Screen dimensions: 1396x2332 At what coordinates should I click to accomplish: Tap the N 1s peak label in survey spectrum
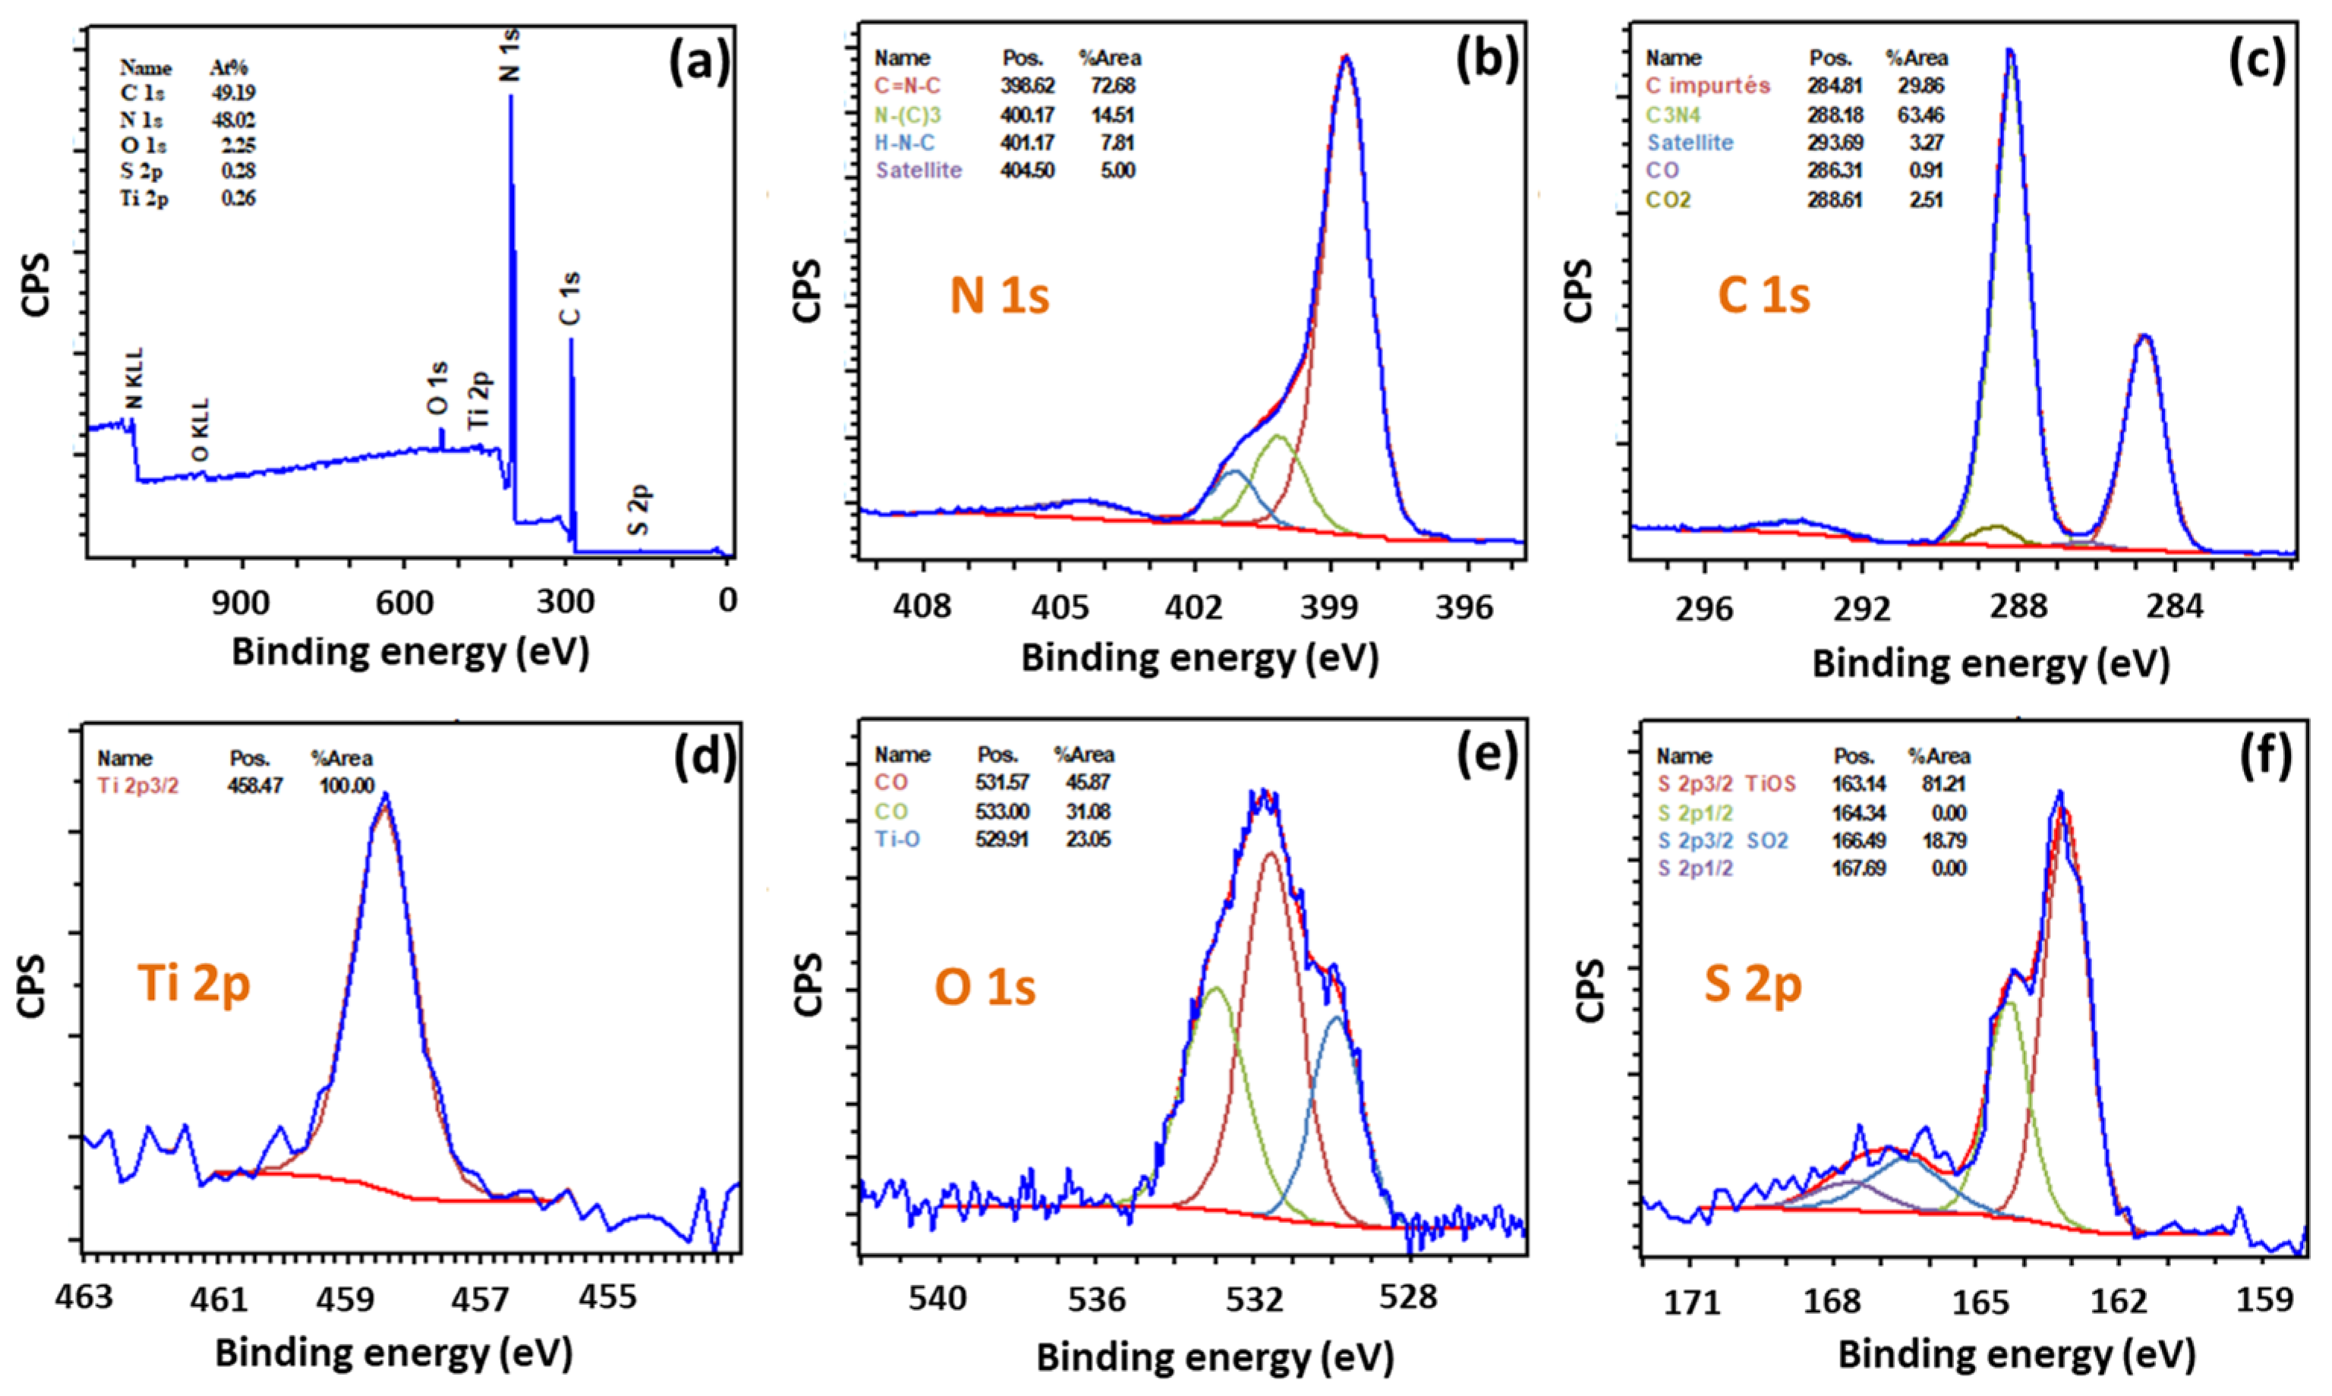tap(508, 55)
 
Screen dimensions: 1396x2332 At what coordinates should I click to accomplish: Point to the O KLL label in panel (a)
tap(200, 429)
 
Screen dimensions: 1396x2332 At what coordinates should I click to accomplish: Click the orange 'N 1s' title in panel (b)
tap(999, 295)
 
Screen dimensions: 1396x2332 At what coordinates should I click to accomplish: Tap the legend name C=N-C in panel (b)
tap(907, 86)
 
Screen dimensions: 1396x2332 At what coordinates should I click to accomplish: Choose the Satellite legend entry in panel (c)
tap(1690, 143)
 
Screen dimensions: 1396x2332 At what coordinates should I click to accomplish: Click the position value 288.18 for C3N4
tap(1834, 115)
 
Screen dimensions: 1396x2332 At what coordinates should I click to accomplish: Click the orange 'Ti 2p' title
tap(195, 983)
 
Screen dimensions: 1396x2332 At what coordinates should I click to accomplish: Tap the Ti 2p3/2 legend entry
tap(137, 786)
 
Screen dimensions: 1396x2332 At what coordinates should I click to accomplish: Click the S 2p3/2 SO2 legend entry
tap(1722, 840)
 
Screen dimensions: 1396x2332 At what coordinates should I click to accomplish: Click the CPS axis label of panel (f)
tap(1589, 990)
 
